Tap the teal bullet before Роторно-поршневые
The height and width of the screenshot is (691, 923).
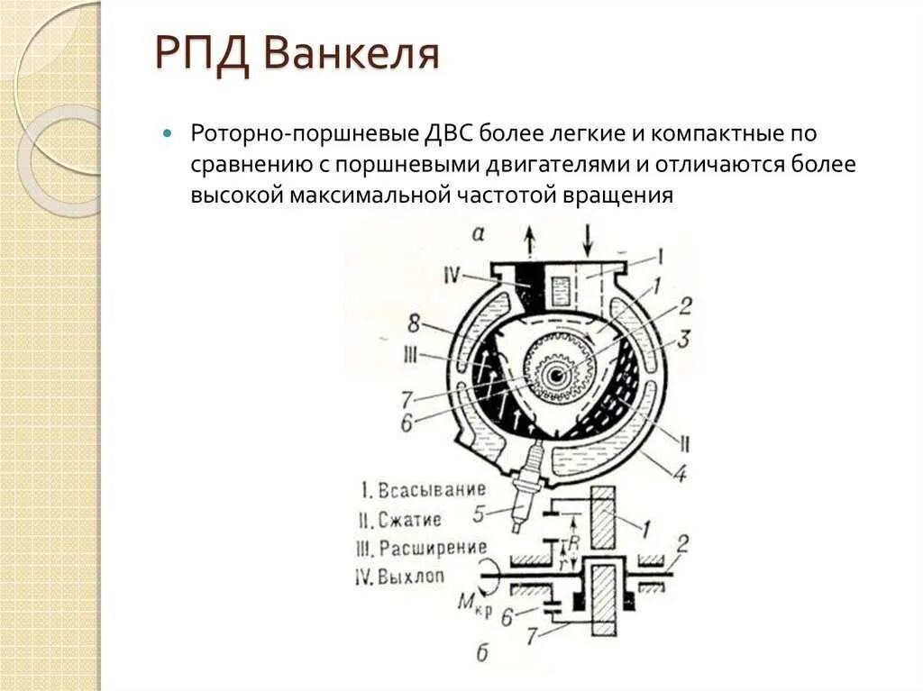(167, 134)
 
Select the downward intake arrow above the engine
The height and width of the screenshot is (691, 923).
(587, 241)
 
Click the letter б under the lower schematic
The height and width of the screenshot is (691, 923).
(482, 652)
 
